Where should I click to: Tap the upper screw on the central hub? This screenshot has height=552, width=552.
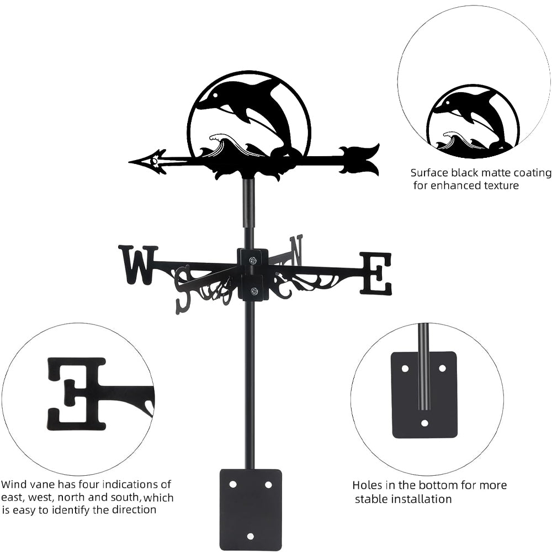pos(253,260)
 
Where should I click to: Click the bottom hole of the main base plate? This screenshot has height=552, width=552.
pos(251,535)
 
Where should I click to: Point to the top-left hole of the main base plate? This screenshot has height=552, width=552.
pos(233,484)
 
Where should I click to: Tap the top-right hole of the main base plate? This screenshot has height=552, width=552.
pos(269,484)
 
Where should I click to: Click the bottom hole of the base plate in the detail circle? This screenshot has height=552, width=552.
pos(424,423)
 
